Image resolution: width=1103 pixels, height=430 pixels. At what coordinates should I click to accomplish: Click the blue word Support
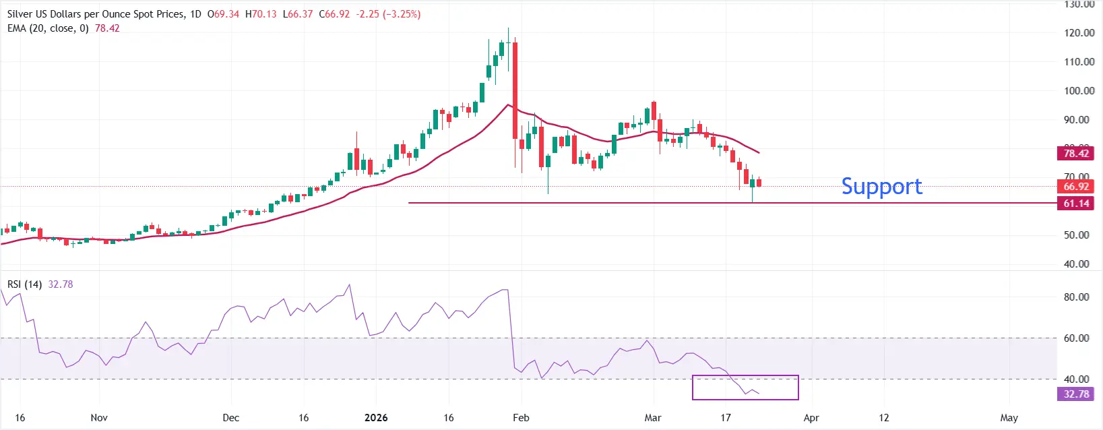(x=881, y=186)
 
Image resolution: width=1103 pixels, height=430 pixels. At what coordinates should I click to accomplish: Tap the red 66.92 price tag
(x=1075, y=187)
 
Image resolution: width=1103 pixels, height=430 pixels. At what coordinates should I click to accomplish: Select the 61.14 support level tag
(x=1075, y=204)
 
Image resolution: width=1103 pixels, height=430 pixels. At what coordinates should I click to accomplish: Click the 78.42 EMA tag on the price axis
(x=1075, y=154)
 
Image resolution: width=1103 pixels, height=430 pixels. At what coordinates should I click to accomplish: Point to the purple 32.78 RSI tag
(x=1075, y=394)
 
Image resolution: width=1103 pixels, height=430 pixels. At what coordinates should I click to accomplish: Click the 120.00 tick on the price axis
(x=1079, y=32)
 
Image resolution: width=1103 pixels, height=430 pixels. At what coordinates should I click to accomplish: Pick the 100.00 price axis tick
(x=1079, y=90)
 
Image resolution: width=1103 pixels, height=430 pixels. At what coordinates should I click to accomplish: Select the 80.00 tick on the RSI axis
(x=1076, y=297)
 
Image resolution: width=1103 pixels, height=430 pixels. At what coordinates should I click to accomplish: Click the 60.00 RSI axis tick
(x=1076, y=338)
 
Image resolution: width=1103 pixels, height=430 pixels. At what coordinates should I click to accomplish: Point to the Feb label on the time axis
(x=521, y=418)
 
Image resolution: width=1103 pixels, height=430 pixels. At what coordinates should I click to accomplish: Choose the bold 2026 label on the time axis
(x=376, y=418)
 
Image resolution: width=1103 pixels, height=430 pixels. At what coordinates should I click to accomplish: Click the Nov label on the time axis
(x=99, y=418)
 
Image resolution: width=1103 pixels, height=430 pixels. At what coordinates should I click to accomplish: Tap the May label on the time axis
(x=1009, y=418)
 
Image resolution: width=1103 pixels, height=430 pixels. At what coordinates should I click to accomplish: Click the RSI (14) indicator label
(x=25, y=284)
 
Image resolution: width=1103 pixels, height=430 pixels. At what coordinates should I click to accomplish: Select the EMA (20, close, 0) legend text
(x=48, y=28)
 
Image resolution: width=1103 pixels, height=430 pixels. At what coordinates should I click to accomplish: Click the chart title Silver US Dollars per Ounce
(x=94, y=14)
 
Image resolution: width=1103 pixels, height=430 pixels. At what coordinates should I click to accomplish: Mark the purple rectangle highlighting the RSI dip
(x=745, y=388)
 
